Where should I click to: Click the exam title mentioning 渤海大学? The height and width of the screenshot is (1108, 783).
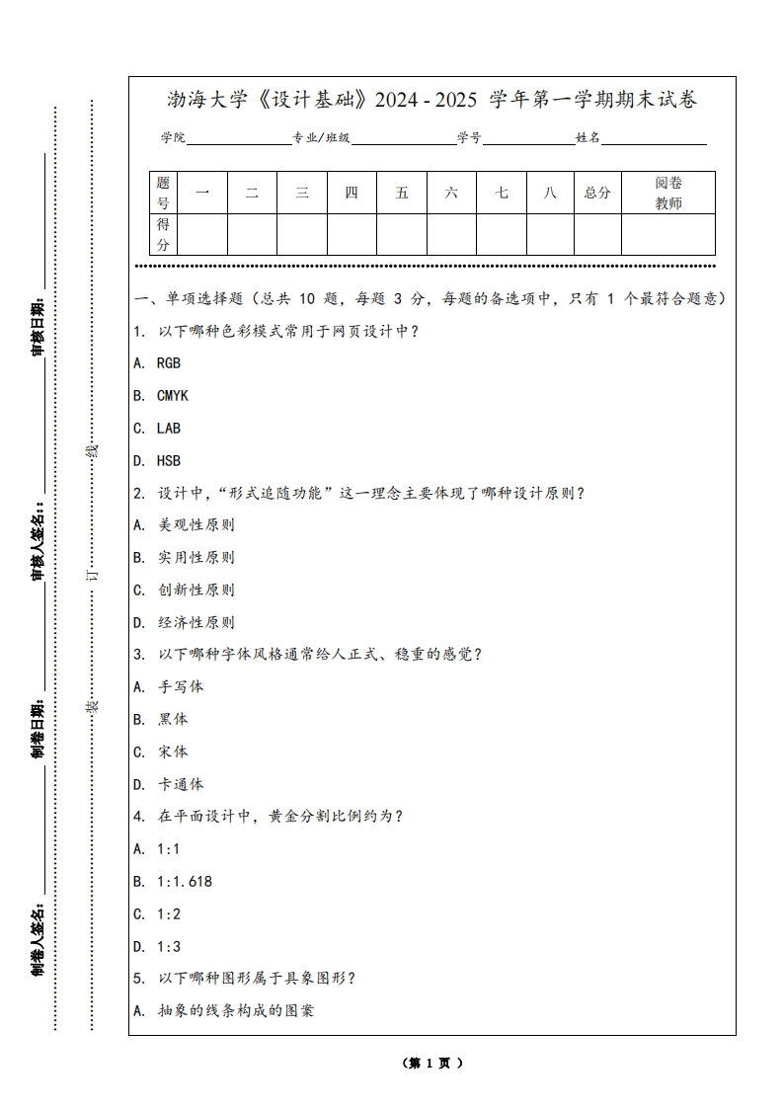(432, 100)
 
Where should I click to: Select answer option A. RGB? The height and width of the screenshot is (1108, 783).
(157, 363)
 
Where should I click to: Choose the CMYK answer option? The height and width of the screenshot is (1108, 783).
(161, 396)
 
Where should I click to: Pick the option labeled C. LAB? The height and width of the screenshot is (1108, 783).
(157, 429)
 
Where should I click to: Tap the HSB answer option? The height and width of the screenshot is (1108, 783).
(157, 461)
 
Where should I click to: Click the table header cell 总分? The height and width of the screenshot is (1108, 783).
(597, 193)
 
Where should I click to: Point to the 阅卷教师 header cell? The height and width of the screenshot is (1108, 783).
(668, 193)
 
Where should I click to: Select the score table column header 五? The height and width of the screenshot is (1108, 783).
(402, 193)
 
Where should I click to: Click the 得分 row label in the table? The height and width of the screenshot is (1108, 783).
(163, 234)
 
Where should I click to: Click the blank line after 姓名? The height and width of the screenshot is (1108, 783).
(654, 139)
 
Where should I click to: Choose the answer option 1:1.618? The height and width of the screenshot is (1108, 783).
(173, 882)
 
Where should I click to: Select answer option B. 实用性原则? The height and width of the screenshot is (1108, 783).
(185, 558)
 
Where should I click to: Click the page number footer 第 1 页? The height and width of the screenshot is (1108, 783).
(432, 1064)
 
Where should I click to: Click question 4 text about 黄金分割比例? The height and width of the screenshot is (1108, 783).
(269, 817)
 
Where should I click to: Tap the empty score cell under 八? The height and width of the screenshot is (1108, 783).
(550, 234)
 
